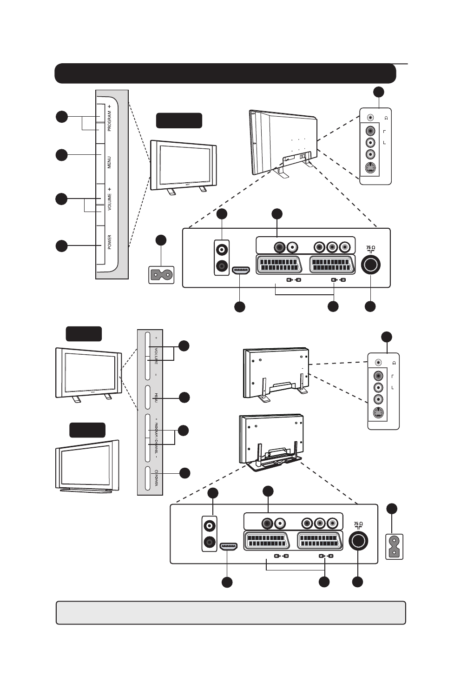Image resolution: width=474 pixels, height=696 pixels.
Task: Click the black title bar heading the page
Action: pos(225,73)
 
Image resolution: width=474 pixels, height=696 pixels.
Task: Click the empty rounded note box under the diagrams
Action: pos(230,612)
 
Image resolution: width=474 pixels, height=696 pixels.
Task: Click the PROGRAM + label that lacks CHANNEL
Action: pos(109,118)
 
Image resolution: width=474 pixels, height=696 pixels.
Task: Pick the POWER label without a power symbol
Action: pos(110,242)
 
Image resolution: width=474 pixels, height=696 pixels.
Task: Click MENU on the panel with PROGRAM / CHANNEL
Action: pos(156,398)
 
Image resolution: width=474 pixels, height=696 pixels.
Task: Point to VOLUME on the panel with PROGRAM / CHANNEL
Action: pos(157,356)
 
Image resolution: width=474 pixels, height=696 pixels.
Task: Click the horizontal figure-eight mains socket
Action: pos(161,274)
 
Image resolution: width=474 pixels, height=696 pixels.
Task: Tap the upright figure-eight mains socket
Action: pos(395,547)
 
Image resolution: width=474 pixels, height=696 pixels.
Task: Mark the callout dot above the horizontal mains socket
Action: pos(161,240)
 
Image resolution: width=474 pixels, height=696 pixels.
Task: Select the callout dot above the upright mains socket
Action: pos(392,509)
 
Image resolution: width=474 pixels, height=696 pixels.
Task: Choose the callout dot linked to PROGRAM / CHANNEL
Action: pos(184,431)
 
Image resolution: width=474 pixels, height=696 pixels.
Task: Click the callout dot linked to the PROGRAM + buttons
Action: pos(61,117)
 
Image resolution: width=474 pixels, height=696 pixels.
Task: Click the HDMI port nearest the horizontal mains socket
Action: pos(241,270)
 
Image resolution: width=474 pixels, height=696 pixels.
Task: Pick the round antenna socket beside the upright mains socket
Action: pos(358,541)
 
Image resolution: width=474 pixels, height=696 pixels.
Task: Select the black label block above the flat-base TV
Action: pos(87,430)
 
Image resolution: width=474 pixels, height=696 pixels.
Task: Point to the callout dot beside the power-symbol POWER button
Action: pos(184,473)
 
